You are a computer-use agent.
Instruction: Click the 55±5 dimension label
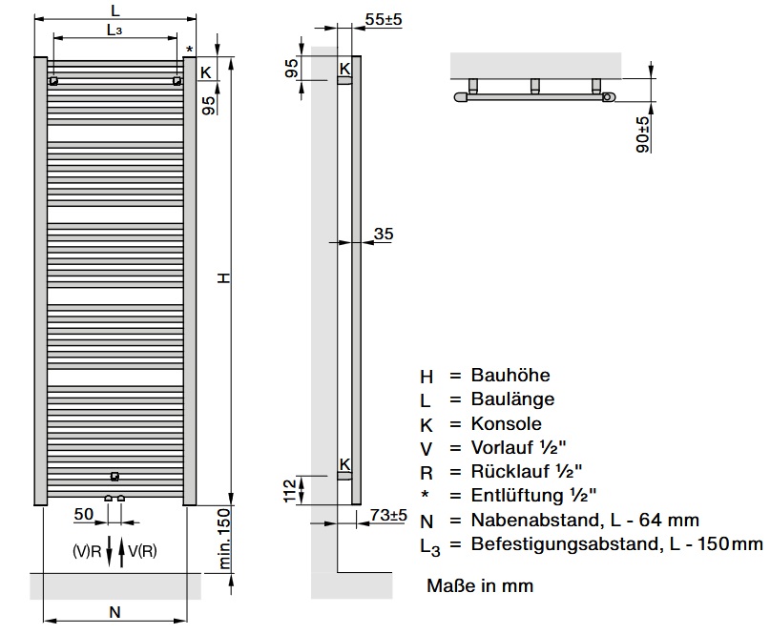(384, 20)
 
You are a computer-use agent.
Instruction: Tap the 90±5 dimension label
(642, 134)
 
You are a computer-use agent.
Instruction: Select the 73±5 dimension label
(388, 515)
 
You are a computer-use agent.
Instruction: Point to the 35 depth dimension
(384, 234)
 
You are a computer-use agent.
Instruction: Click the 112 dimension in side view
(290, 491)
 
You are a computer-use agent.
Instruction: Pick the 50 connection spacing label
(83, 514)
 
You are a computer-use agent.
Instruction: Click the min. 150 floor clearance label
(224, 540)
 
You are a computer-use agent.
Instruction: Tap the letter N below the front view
(114, 612)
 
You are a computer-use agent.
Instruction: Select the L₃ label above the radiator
(114, 31)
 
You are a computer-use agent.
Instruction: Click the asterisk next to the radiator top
(190, 50)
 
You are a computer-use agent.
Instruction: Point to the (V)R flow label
(87, 552)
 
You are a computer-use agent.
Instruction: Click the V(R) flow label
(142, 552)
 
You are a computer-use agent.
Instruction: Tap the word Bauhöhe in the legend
(510, 375)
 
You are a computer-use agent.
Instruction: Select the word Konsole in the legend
(507, 423)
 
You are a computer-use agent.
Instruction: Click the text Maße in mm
(480, 585)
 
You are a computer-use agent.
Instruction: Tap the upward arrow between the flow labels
(121, 552)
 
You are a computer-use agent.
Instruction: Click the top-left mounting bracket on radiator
(53, 80)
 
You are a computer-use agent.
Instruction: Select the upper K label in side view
(344, 69)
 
